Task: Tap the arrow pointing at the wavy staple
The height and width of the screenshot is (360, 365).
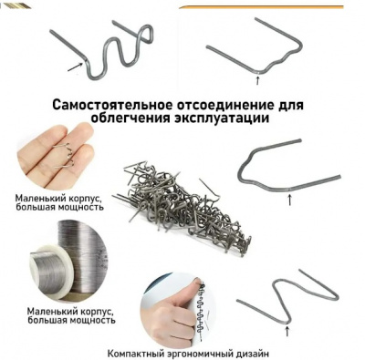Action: pyautogui.click(x=76, y=67)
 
